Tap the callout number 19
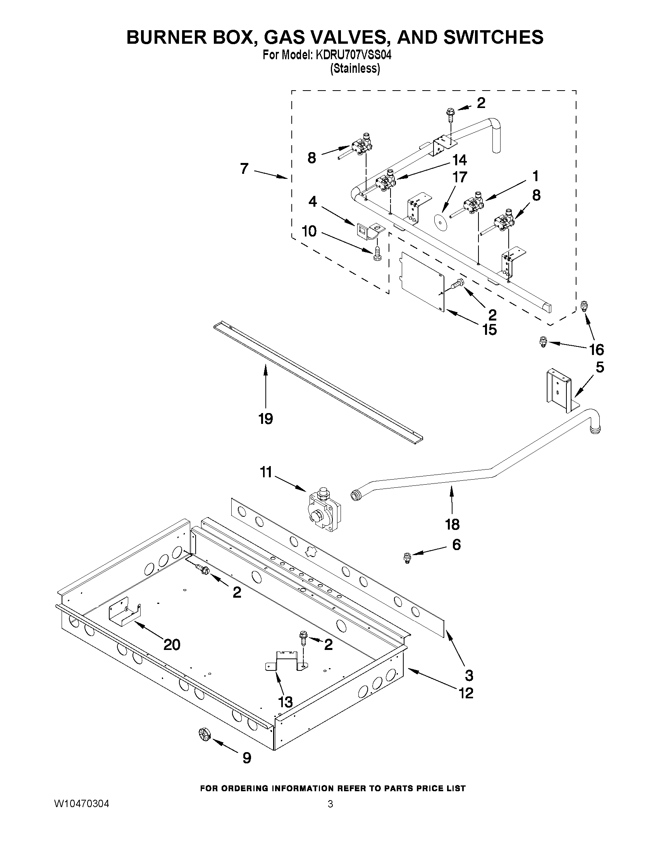[265, 419]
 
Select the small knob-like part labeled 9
[204, 735]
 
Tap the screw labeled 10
[377, 254]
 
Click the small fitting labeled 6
[407, 558]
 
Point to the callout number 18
[452, 525]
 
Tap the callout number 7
[244, 169]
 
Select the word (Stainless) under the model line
[354, 69]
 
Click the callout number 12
[466, 693]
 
